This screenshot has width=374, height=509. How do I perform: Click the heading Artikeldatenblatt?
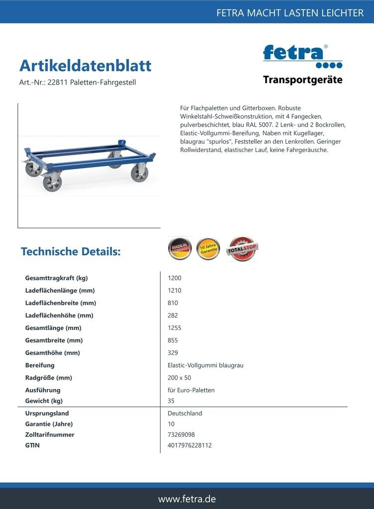tap(85, 66)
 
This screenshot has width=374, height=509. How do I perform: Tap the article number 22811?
tap(57, 83)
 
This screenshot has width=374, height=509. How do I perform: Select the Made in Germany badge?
tap(180, 249)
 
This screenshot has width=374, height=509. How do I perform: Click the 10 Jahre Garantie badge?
tap(208, 249)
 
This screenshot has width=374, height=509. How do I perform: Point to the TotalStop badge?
tap(242, 249)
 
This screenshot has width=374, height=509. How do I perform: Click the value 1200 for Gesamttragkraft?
tap(175, 278)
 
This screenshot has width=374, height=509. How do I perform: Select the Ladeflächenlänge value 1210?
tap(175, 291)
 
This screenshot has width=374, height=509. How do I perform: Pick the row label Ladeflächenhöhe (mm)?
tap(59, 316)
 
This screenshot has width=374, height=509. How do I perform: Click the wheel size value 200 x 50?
tap(180, 378)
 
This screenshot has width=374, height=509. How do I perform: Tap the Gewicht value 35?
tap(172, 401)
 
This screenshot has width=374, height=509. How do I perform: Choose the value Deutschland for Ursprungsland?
tap(185, 414)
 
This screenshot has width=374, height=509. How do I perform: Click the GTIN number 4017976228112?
tap(189, 445)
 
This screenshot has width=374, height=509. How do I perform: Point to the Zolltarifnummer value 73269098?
tap(181, 435)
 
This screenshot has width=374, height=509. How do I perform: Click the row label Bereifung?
tap(40, 365)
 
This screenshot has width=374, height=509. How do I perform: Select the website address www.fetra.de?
tap(187, 499)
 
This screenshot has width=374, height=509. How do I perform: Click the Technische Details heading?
tap(71, 252)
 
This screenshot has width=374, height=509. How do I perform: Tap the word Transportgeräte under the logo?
tap(302, 80)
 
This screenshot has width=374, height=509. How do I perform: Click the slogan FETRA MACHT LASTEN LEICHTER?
tap(290, 13)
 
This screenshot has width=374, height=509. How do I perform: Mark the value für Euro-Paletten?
tap(191, 390)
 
